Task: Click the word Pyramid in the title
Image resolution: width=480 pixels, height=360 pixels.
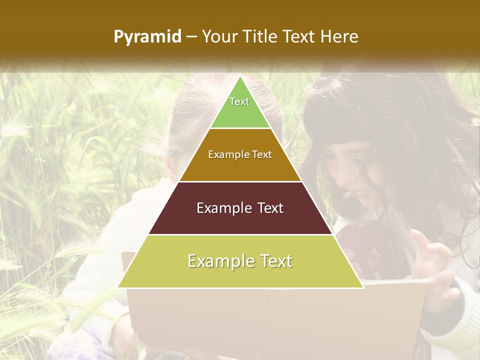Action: point(147,37)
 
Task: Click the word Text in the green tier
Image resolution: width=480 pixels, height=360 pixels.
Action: point(239,101)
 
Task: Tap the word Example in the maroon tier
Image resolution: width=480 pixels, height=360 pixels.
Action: point(219,208)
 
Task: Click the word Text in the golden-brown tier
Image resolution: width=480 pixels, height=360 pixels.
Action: point(262,154)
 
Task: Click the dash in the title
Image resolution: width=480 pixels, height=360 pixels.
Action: point(191,37)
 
